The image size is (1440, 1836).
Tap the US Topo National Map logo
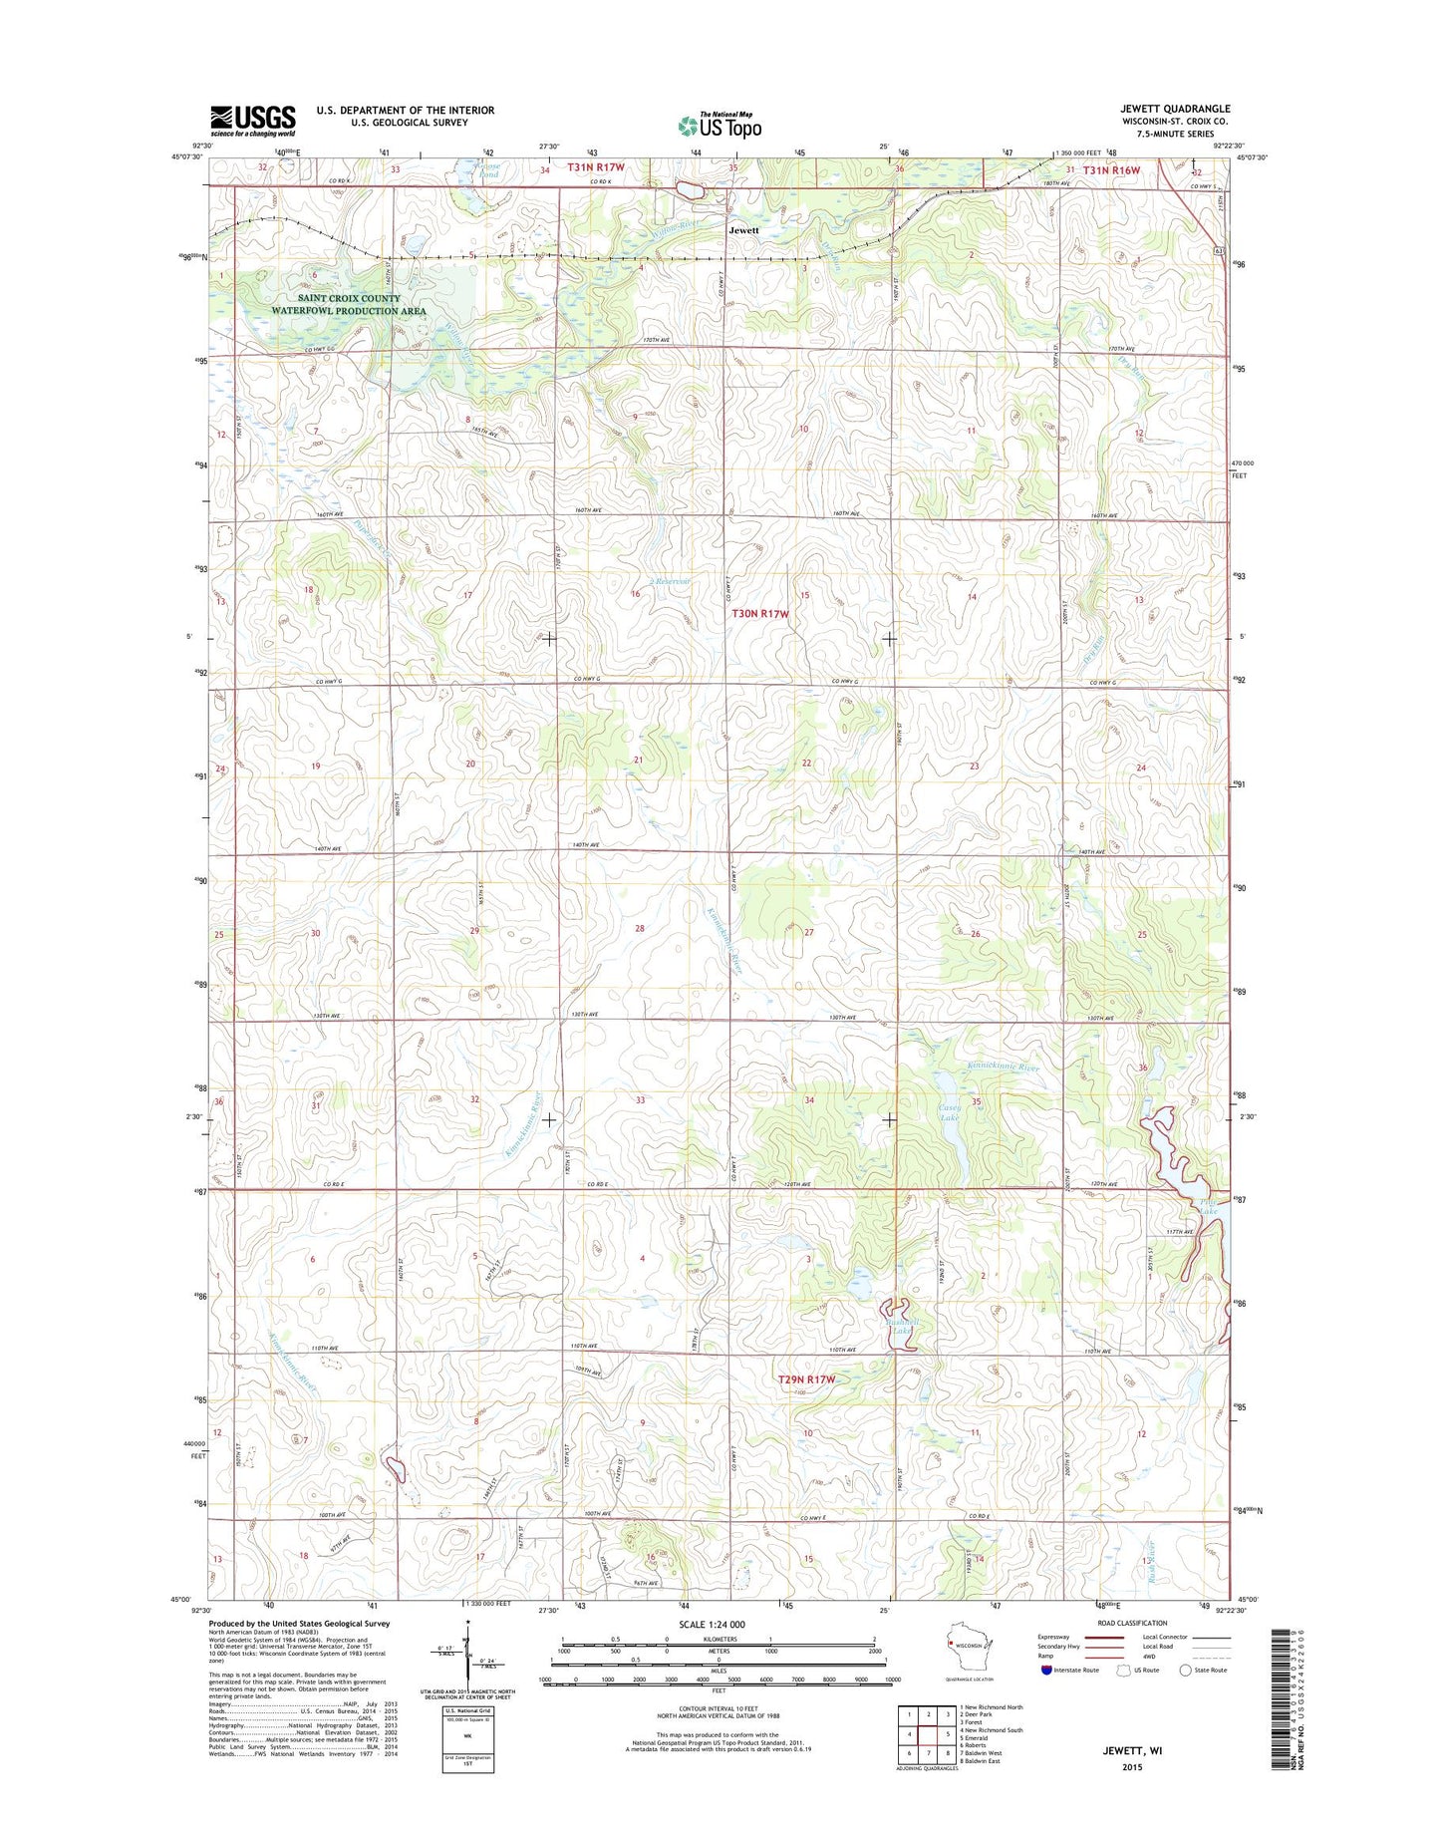(x=720, y=125)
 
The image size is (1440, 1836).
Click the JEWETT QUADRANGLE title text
(x=1175, y=109)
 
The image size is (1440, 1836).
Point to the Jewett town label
(x=743, y=230)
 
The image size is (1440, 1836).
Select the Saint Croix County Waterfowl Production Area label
(x=349, y=305)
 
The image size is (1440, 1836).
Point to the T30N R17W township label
(x=760, y=614)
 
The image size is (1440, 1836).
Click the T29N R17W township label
(x=806, y=1379)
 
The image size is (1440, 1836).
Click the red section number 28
(x=640, y=929)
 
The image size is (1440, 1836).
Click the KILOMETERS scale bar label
(x=719, y=1639)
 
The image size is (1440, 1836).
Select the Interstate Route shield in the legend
(x=1045, y=1670)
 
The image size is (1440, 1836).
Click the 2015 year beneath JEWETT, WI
(x=1130, y=1766)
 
